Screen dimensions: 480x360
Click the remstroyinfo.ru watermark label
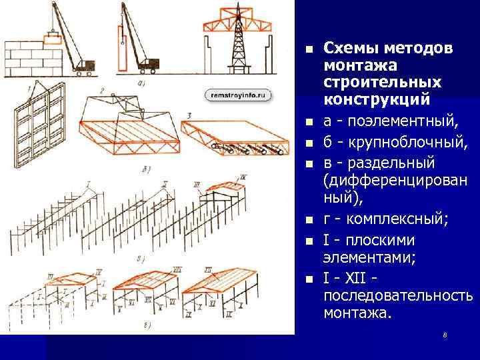[238, 95]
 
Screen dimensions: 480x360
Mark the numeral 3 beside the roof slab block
[189, 116]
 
